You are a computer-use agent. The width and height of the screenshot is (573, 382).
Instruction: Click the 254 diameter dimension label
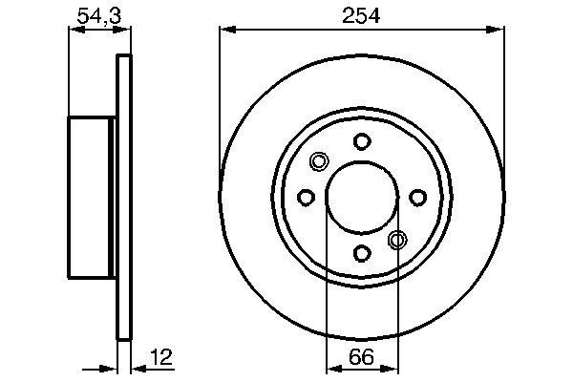[361, 16]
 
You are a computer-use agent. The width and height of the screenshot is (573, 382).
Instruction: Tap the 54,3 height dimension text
[93, 16]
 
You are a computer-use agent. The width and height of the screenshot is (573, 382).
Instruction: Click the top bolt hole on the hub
[361, 142]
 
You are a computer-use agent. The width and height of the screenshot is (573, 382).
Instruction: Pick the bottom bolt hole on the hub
[361, 253]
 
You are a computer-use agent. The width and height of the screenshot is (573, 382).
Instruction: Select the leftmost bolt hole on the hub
[306, 198]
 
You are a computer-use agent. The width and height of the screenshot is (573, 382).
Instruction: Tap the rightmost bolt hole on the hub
[417, 198]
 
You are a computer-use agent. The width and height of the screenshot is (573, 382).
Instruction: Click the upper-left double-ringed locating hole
[320, 161]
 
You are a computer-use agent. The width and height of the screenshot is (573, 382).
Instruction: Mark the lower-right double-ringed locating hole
[398, 240]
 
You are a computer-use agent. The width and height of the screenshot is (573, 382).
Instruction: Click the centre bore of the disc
[361, 198]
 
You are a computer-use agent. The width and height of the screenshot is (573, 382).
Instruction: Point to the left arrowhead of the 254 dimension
[226, 31]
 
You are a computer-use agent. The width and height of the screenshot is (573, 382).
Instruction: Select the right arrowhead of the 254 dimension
[498, 31]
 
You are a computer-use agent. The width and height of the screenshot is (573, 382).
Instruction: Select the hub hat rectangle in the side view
[91, 198]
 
